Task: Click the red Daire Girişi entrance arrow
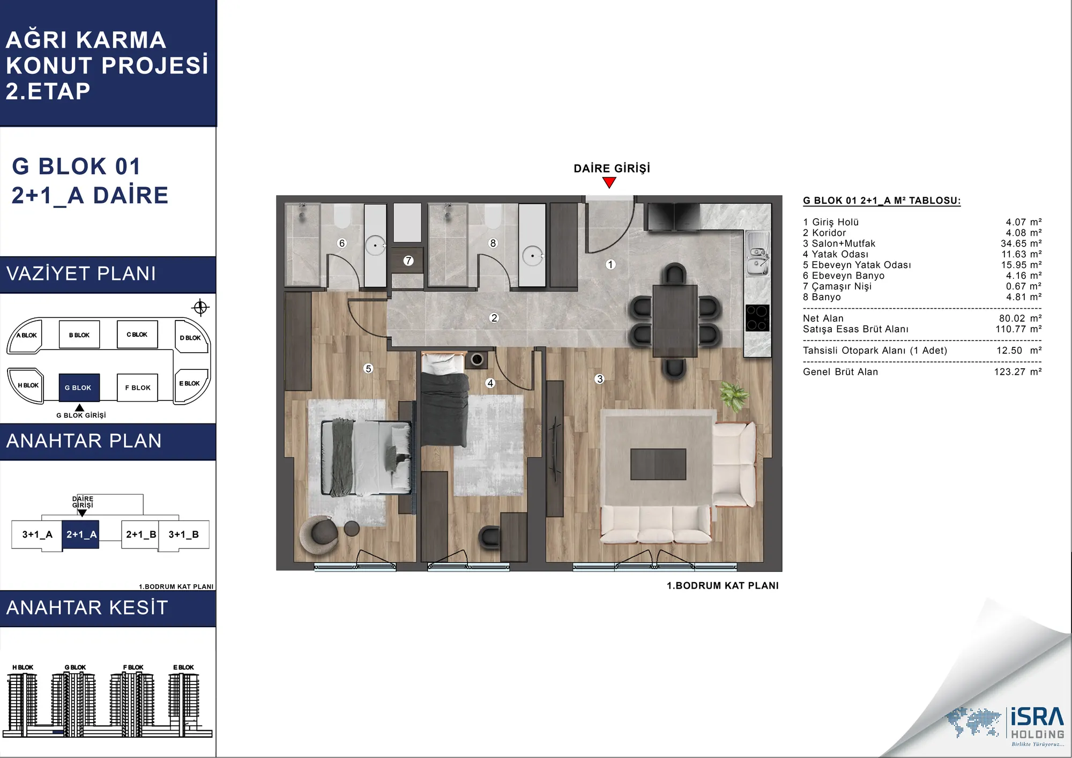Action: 609,183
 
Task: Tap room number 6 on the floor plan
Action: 342,243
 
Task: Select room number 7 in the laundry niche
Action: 408,261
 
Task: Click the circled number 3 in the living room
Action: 599,378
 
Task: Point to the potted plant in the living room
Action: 733,396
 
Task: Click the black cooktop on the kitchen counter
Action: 757,317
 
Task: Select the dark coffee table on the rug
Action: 658,464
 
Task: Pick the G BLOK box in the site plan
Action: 79,387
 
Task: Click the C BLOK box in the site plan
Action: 137,335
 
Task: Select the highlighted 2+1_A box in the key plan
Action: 80,534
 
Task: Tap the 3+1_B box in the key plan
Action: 184,534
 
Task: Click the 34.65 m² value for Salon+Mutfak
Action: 1021,243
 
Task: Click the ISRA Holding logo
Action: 1005,726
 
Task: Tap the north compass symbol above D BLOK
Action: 200,307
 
